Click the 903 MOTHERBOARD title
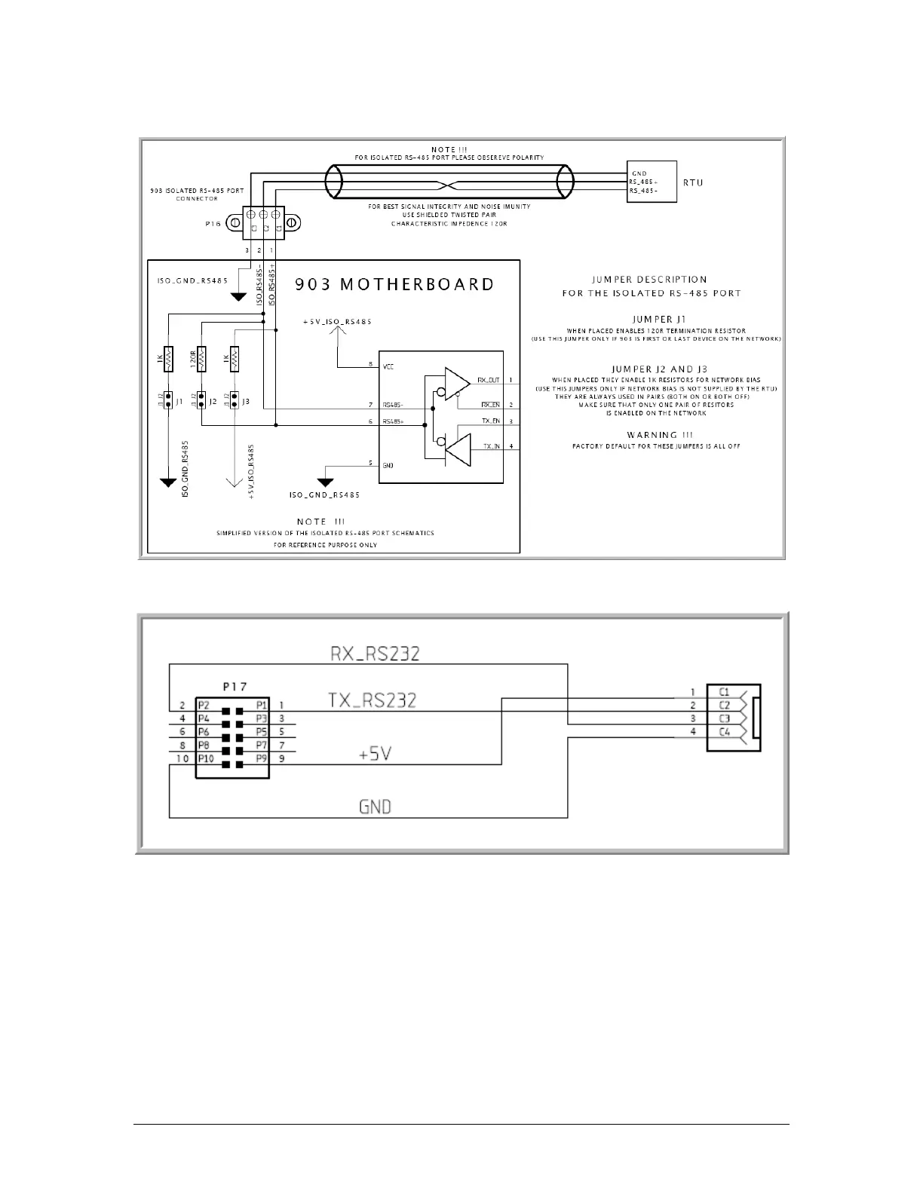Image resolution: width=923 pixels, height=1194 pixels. pos(394,285)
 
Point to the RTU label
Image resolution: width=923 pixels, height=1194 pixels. pos(693,182)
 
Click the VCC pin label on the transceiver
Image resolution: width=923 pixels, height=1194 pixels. pos(388,366)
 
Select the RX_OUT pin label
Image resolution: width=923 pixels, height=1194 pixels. pos(489,380)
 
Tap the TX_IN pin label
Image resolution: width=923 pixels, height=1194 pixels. pos(491,446)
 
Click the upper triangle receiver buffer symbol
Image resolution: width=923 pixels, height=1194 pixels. pos(457,381)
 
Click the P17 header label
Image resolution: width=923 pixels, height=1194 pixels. pos(235,687)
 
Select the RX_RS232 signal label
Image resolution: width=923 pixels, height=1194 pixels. pos(375,653)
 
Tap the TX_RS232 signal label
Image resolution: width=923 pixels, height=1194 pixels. pos(372,700)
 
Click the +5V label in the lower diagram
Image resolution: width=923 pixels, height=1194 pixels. pos(375,753)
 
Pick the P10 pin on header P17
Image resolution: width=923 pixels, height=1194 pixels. pos(206,758)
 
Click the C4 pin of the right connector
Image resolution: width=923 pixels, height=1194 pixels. pos(724,732)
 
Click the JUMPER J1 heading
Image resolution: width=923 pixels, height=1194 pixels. pos(654,319)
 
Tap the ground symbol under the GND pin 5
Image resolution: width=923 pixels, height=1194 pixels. pos(326,482)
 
